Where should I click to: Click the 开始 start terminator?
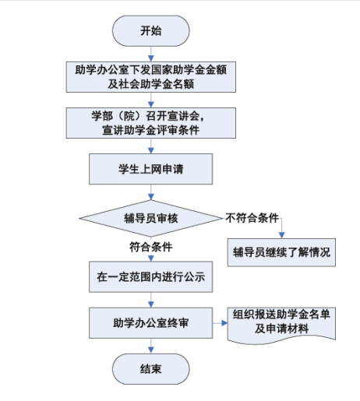150,31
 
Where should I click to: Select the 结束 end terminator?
150,369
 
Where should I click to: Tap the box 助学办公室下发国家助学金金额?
151,77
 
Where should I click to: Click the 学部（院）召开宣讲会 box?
151,123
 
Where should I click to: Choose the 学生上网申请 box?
151,169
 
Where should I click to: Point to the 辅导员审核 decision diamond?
151,218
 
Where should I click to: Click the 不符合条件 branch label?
252,218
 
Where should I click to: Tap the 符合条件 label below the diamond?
151,247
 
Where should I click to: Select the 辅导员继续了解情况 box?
281,252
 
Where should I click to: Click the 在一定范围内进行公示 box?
151,276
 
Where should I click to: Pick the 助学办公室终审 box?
151,323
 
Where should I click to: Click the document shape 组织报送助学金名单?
281,325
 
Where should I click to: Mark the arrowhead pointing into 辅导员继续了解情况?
281,235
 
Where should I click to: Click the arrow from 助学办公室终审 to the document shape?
220,323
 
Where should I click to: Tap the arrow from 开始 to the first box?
151,54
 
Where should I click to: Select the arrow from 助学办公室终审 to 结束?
151,346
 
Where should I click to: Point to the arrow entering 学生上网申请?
151,146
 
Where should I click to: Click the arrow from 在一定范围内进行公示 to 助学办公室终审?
151,300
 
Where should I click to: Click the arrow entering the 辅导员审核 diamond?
151,192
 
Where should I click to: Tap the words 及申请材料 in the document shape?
281,329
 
